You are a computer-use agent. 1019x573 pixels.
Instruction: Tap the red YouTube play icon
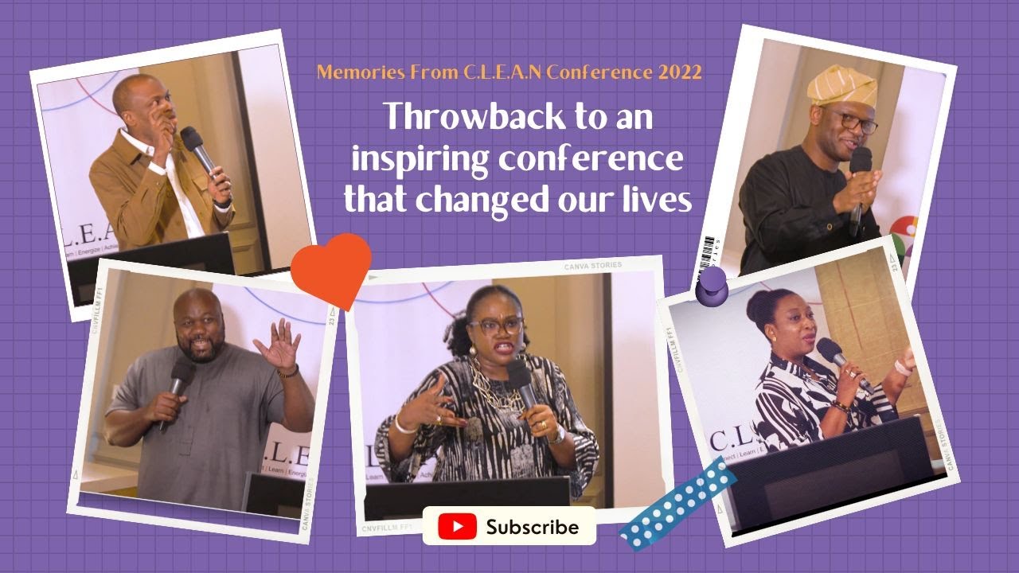click(457, 527)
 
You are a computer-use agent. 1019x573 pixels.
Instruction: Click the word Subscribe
click(532, 528)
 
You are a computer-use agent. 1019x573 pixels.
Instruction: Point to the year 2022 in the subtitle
click(680, 72)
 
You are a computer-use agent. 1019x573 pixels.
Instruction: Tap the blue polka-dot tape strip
click(677, 503)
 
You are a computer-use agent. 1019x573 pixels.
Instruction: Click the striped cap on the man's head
click(841, 85)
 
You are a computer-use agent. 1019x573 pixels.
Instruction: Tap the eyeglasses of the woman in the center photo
click(495, 325)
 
